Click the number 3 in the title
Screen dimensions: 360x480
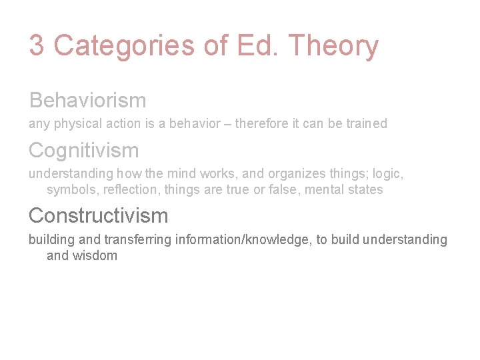tap(37, 46)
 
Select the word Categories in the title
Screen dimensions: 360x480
tap(124, 46)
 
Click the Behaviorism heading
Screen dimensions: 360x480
tap(87, 100)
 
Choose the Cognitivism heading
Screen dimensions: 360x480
tap(83, 150)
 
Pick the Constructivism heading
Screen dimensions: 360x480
tap(98, 215)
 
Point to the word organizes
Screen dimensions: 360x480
tap(296, 174)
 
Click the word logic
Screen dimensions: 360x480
tap(387, 174)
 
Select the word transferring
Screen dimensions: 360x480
tap(140, 239)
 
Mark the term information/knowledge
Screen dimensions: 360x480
tap(243, 239)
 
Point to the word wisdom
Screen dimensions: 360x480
tap(95, 255)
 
